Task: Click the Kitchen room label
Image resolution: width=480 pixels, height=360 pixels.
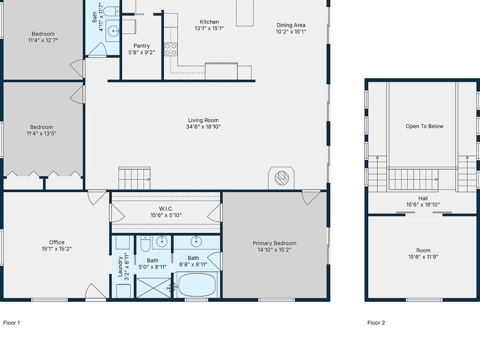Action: coord(209,22)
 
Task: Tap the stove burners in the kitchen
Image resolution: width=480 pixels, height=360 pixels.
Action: coord(171,49)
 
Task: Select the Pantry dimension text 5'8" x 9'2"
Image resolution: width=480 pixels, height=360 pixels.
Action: coord(142,52)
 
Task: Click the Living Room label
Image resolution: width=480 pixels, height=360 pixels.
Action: coord(203,120)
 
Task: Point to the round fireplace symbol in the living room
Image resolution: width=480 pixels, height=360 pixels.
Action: coord(282,178)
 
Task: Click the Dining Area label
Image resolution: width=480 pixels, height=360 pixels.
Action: coord(291,25)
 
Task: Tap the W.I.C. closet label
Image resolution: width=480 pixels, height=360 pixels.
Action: coord(166,209)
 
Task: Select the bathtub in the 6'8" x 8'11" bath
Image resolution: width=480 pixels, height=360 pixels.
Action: coord(197,285)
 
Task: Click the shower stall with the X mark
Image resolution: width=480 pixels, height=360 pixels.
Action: coord(154,288)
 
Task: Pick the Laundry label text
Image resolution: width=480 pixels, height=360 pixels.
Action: coord(120,267)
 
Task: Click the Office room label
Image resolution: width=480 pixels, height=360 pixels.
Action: coord(57,242)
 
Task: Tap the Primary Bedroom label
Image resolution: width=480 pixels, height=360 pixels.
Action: coord(274,243)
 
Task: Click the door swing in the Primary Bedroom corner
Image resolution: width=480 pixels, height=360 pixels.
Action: coord(311,198)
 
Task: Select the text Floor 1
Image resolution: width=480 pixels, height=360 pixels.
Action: coord(11,322)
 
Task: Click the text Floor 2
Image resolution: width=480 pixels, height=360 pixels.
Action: coord(376,322)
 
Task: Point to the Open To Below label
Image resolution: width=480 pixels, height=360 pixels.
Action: coord(424,126)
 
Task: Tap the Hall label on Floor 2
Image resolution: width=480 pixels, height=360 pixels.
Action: coord(423,198)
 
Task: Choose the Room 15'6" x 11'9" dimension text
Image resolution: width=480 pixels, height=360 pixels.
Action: coord(423,257)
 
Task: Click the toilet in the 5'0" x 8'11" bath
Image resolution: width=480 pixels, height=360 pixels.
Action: coord(145,244)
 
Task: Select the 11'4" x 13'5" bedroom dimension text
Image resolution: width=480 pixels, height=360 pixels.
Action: coord(41,133)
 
